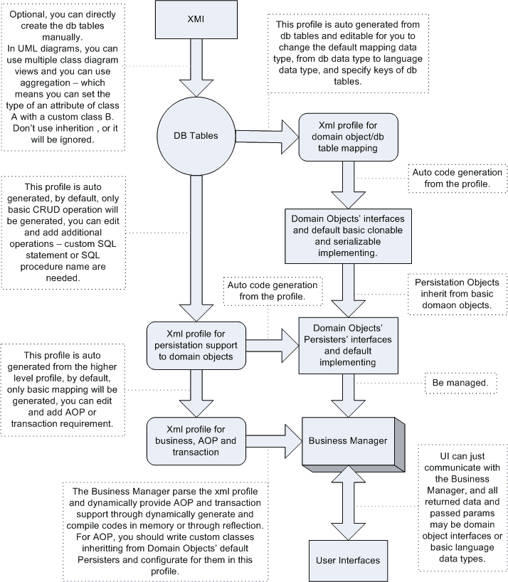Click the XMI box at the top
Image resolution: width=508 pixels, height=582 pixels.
[191, 20]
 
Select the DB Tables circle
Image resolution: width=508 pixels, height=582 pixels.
[191, 135]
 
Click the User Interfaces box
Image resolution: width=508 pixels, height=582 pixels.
[347, 559]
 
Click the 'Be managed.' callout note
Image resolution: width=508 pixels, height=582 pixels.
[460, 383]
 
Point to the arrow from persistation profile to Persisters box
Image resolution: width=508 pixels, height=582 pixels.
[272, 340]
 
